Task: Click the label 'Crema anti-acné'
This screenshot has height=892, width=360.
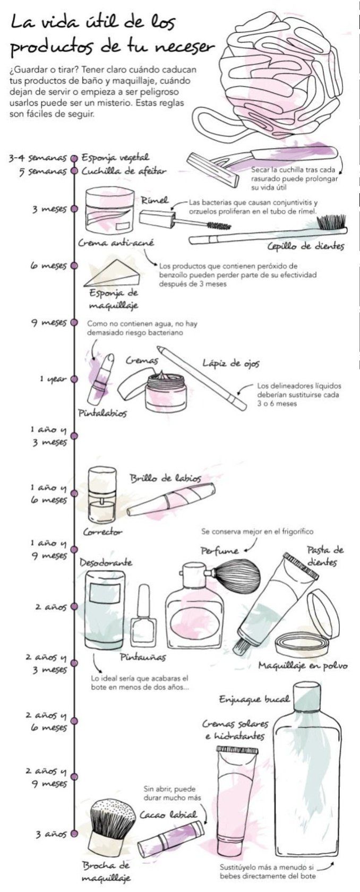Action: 116,243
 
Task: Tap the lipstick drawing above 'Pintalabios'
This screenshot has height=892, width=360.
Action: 101,378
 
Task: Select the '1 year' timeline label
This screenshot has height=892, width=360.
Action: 53,379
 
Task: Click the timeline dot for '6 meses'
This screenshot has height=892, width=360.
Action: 74,265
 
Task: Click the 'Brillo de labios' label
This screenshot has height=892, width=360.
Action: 166,478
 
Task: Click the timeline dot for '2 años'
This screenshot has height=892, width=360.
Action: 74,606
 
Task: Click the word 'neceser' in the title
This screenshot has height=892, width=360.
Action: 184,47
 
